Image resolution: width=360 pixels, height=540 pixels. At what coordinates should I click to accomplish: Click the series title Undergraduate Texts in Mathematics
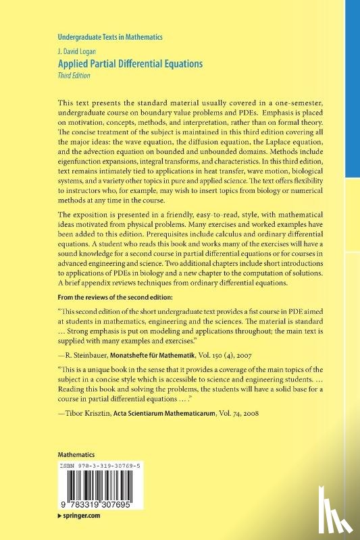pyautogui.click(x=107, y=37)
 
